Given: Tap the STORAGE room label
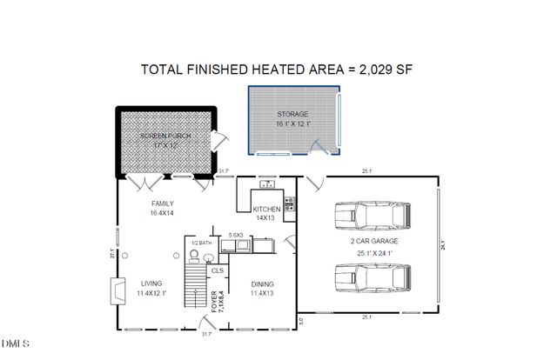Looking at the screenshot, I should [x=293, y=115].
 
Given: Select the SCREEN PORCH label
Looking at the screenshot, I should [x=164, y=137].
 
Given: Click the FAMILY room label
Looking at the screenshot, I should [x=162, y=204].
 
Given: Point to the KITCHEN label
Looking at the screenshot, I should [x=266, y=210].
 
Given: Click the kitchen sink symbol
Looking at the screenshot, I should [x=267, y=184].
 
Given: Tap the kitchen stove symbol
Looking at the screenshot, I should [x=289, y=204].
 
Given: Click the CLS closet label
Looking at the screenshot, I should [x=217, y=270].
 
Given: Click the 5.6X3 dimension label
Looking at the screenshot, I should [x=235, y=236].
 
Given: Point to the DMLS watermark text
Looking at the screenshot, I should [x=14, y=353].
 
